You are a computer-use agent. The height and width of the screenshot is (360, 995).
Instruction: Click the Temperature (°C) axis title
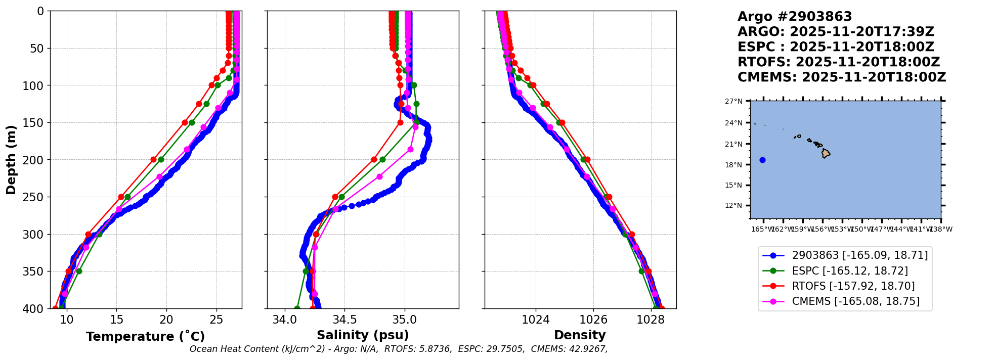[x=145, y=337]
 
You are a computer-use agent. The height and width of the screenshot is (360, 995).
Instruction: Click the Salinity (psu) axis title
[x=363, y=335]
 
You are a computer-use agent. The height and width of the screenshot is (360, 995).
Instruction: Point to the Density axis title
[x=580, y=335]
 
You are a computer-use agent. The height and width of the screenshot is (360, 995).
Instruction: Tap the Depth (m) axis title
[x=11, y=160]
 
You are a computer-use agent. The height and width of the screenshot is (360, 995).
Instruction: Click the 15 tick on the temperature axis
[x=116, y=320]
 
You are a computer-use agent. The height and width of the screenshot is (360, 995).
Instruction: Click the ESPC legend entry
[x=850, y=271]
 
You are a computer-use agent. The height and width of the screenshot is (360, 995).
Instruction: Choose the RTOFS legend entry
[x=853, y=286]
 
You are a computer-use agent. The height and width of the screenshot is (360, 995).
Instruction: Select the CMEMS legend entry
[x=855, y=301]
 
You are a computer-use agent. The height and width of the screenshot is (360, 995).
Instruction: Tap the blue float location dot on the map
[x=762, y=160]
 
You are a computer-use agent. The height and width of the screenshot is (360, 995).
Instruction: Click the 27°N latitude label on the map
[x=733, y=102]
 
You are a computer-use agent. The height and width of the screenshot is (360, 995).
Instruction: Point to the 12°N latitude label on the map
[x=733, y=206]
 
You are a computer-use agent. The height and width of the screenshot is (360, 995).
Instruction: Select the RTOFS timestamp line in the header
[x=838, y=62]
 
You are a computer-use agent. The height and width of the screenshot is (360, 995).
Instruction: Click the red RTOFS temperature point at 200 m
[x=154, y=160]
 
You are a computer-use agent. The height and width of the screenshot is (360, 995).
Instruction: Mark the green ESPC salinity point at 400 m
[x=297, y=308]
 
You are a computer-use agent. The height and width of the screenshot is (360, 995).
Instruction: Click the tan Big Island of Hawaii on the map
[x=826, y=153]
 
